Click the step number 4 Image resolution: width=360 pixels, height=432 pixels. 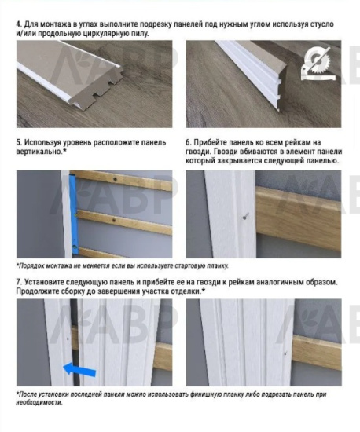19,25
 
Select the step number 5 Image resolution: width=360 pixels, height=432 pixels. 19,144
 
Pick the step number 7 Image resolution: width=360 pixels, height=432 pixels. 19,281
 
